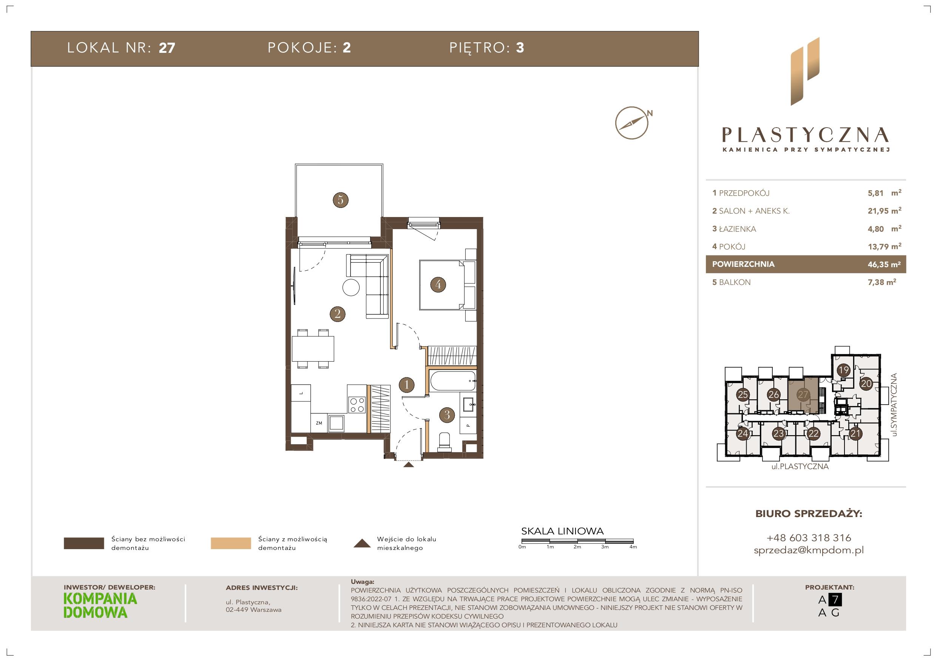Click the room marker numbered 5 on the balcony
click(x=340, y=200)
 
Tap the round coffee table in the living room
click(x=350, y=288)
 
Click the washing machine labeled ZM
click(x=319, y=423)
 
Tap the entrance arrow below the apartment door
click(x=408, y=464)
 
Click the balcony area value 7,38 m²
click(x=881, y=282)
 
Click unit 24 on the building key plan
click(x=742, y=434)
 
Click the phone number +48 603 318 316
click(x=809, y=537)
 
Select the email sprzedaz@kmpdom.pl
click(x=809, y=550)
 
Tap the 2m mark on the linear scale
click(x=577, y=547)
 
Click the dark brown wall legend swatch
click(x=84, y=543)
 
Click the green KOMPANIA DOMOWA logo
click(x=100, y=605)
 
